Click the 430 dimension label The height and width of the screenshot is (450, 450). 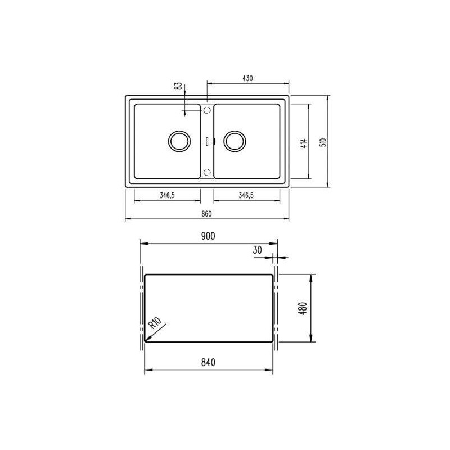coord(247,78)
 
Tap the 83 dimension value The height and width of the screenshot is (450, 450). coord(178,86)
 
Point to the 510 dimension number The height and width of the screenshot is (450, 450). coord(323,142)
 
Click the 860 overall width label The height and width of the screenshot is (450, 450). coord(206,214)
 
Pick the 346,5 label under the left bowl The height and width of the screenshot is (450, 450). coord(167,195)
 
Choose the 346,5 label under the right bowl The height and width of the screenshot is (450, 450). coord(246,195)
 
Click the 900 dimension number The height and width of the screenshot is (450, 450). coord(208,236)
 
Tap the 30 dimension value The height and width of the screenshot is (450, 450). coord(258,250)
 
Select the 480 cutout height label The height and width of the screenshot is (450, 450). coord(303,308)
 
